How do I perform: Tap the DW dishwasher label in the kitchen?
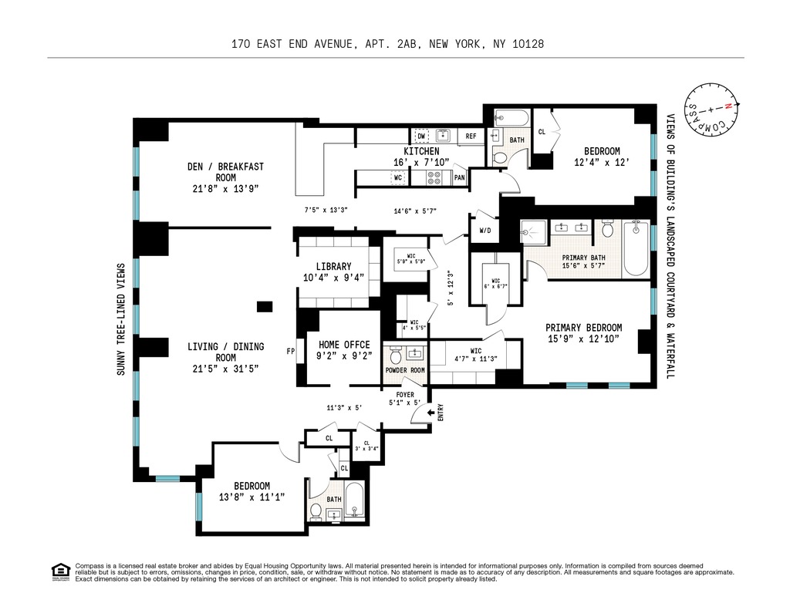[x=421, y=136]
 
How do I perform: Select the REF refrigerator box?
[x=470, y=136]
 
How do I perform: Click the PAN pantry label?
[x=459, y=178]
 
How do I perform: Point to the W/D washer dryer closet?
[x=485, y=230]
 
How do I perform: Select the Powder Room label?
[x=405, y=370]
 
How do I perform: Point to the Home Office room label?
[x=344, y=345]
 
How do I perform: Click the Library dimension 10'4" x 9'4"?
[x=333, y=278]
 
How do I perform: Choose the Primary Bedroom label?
[x=583, y=328]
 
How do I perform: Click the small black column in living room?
[x=265, y=307]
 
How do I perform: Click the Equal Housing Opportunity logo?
[x=60, y=571]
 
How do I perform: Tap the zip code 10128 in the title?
[x=528, y=44]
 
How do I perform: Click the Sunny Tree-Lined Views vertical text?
[x=120, y=320]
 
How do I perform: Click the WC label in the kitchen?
[x=399, y=178]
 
